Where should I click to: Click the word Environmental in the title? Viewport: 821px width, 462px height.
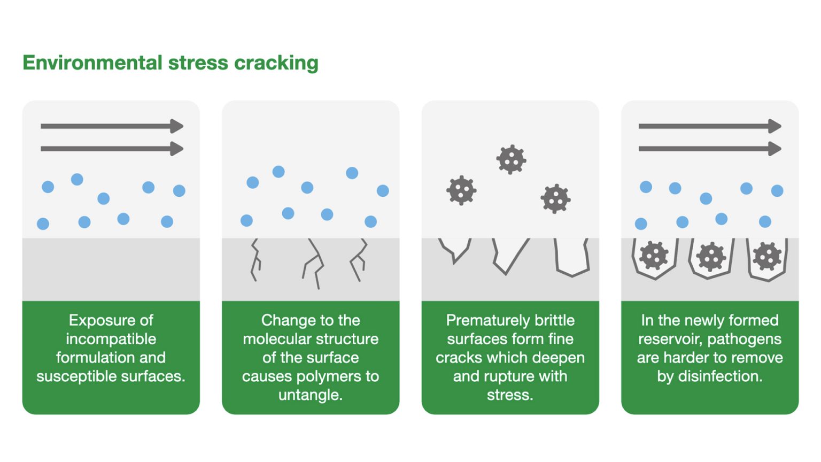(92, 63)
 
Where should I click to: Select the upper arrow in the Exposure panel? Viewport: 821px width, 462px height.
(112, 126)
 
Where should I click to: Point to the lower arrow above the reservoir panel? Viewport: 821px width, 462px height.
(709, 148)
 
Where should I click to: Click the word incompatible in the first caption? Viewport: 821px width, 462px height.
(111, 339)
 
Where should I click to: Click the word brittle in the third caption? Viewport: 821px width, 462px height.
(551, 320)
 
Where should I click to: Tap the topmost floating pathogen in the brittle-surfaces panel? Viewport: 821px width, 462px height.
(511, 159)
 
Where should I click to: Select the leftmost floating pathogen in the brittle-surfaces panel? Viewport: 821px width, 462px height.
(461, 190)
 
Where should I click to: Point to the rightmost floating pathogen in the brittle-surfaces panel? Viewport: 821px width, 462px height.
(555, 199)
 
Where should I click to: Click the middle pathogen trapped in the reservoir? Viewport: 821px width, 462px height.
(710, 257)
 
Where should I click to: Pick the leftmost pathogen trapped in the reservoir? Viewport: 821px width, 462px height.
(654, 256)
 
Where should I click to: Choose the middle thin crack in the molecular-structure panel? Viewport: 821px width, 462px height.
(314, 263)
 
